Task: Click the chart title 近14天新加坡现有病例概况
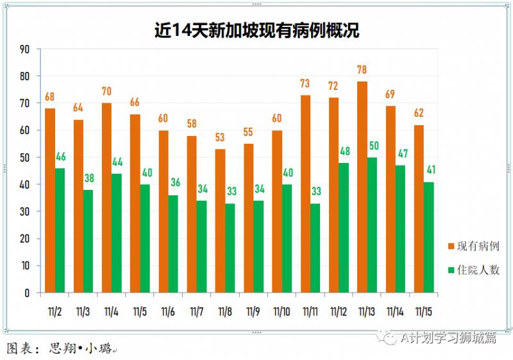(256, 30)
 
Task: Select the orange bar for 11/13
(362, 187)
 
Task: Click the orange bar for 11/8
(220, 221)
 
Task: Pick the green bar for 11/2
(60, 230)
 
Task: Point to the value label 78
(362, 69)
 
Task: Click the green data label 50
(373, 146)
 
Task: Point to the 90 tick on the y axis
(25, 49)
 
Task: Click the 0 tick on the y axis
(28, 293)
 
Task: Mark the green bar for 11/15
(429, 237)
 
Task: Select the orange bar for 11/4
(106, 198)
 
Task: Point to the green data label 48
(344, 151)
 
